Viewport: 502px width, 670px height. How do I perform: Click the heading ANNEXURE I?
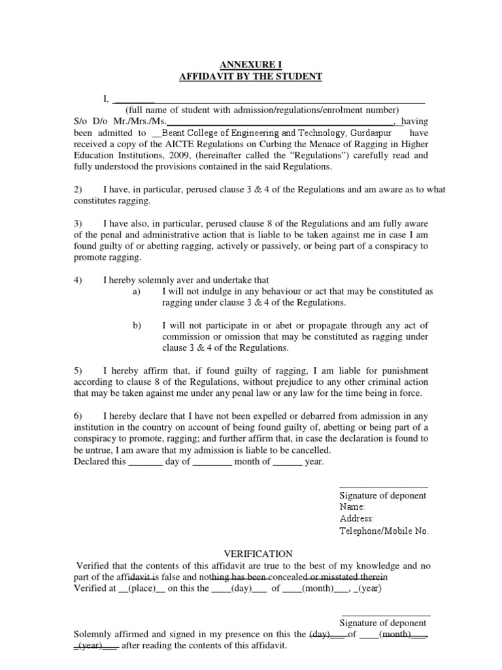coord(251,65)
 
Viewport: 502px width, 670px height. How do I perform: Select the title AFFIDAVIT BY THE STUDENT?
coord(251,77)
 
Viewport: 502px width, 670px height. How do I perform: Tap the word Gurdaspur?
coord(371,132)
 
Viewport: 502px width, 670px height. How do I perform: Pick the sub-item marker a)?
coord(137,292)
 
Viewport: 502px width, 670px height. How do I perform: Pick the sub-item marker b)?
coord(137,325)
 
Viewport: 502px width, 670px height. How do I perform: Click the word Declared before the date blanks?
coord(90,461)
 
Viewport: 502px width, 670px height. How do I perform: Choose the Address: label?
coord(356,519)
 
